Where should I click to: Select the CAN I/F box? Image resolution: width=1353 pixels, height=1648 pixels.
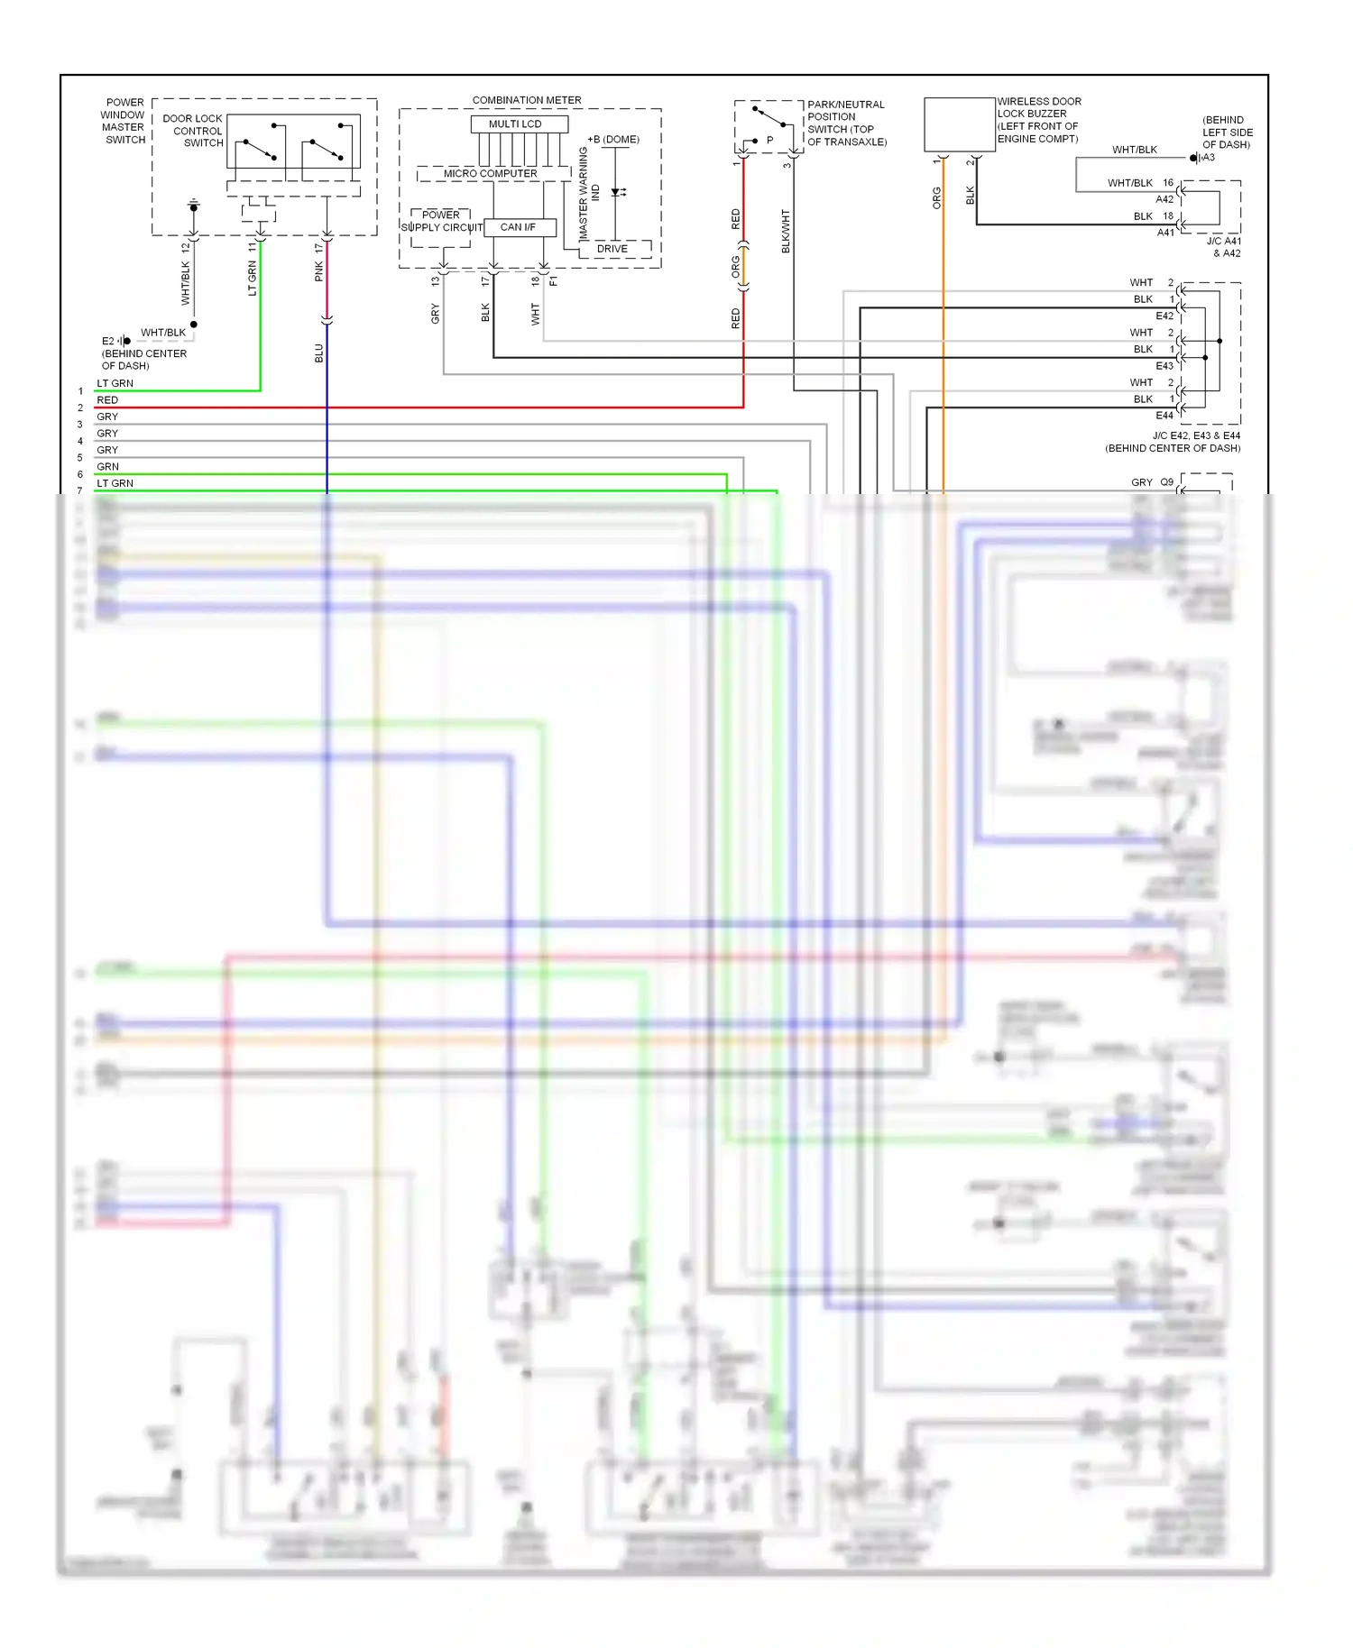click(519, 227)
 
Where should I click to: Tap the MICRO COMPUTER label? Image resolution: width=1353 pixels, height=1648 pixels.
click(490, 173)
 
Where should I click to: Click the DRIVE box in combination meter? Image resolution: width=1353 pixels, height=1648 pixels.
click(612, 249)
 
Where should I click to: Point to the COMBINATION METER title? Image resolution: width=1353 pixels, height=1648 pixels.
click(527, 100)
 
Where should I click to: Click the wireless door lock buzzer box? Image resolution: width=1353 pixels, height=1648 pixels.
click(959, 124)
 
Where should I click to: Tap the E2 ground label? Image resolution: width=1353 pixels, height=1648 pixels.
click(108, 341)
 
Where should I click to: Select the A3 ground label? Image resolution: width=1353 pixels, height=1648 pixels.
click(1209, 158)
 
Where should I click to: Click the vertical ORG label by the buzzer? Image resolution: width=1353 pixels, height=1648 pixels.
click(936, 198)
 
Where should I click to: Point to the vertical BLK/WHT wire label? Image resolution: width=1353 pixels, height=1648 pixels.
click(786, 231)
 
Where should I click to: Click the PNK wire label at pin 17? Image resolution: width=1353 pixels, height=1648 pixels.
click(318, 271)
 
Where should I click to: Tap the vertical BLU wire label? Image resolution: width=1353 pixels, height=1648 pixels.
click(318, 353)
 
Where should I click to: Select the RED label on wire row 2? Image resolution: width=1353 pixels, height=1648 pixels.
click(107, 400)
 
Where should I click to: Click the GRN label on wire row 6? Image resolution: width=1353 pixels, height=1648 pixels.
click(107, 467)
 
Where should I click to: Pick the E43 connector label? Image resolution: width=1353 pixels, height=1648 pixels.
click(1164, 366)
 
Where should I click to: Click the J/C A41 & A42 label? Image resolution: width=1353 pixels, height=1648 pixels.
click(1224, 247)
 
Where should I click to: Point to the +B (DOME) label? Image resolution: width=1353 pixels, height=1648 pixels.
click(613, 140)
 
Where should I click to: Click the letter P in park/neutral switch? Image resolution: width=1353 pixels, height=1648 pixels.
click(769, 141)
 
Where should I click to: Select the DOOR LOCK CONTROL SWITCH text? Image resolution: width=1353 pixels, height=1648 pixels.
click(193, 131)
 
